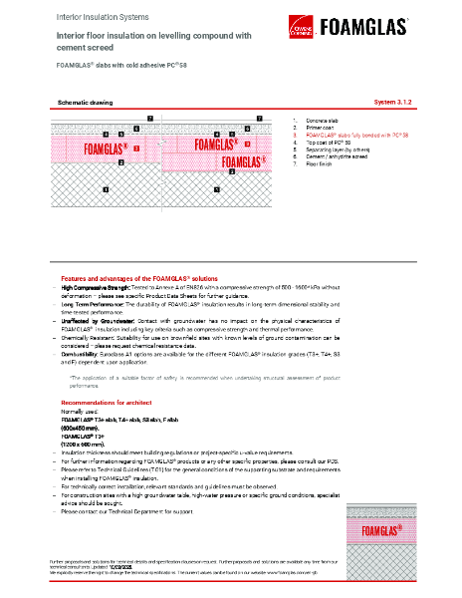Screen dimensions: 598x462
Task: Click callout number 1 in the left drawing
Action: click(x=105, y=187)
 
